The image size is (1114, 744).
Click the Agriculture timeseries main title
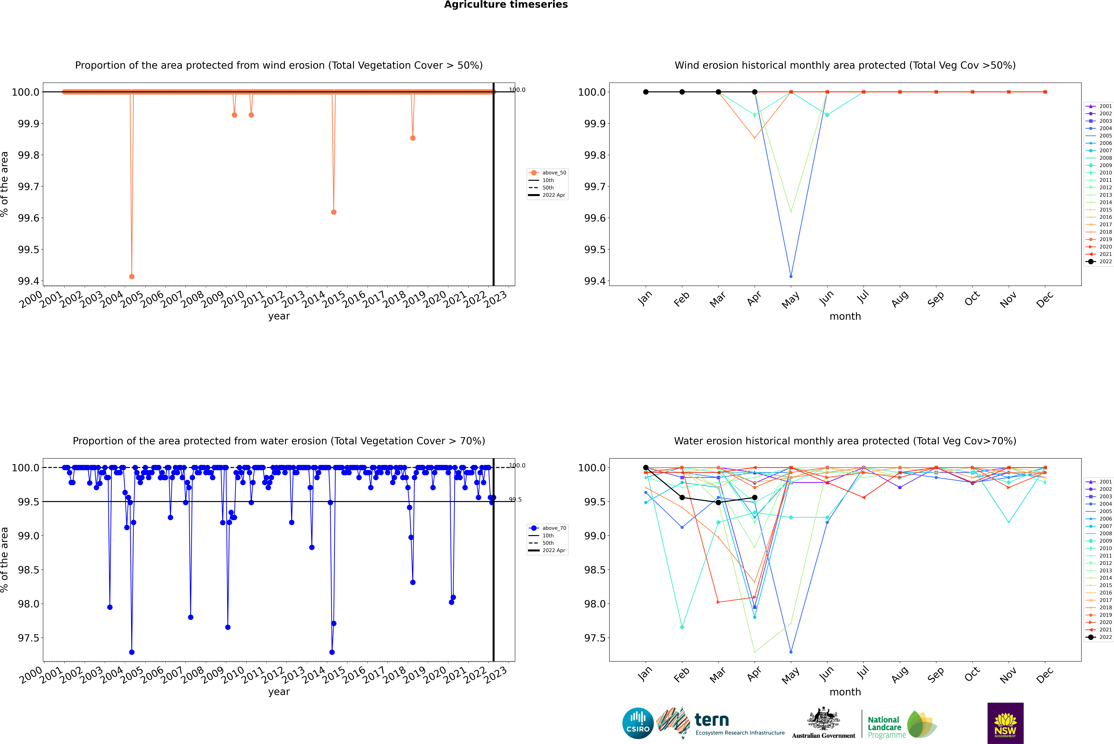(x=506, y=5)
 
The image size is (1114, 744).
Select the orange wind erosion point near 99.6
(x=334, y=212)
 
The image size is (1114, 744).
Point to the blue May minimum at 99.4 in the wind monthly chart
(x=791, y=276)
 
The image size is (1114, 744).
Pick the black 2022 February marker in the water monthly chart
(x=682, y=497)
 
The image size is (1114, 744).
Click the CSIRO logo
(x=638, y=723)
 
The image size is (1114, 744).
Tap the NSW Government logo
(x=1005, y=723)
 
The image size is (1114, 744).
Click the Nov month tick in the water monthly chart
(x=1008, y=675)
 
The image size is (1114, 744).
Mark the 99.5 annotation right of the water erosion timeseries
(x=515, y=500)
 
